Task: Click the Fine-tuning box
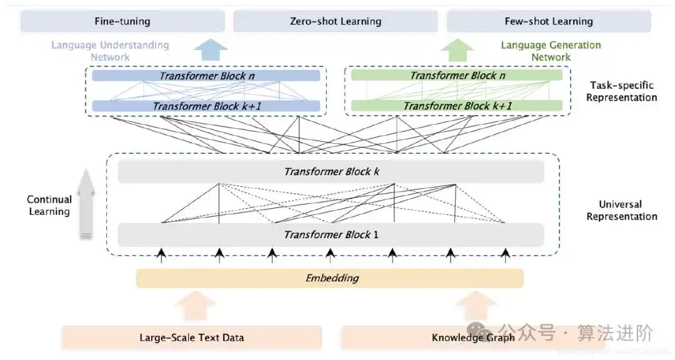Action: [x=122, y=21]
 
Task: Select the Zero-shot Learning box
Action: [x=336, y=21]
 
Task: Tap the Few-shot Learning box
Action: [x=549, y=21]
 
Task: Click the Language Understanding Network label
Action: [x=110, y=51]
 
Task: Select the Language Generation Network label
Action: [x=551, y=51]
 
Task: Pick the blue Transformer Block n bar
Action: [x=206, y=76]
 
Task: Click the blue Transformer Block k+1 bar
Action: [x=206, y=106]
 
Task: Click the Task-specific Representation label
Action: [x=621, y=91]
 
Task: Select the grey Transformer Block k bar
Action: [x=331, y=172]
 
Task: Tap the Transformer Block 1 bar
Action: [x=331, y=235]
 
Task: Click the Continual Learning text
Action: [x=49, y=206]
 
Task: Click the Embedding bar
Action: [x=330, y=278]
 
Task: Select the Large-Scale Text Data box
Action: [x=191, y=337]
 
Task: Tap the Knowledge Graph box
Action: [x=473, y=337]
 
